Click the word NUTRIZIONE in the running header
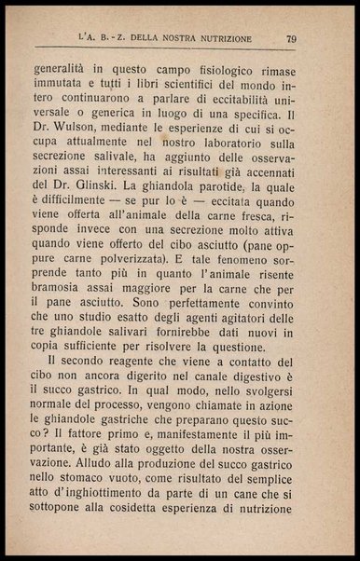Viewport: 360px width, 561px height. (218, 38)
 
